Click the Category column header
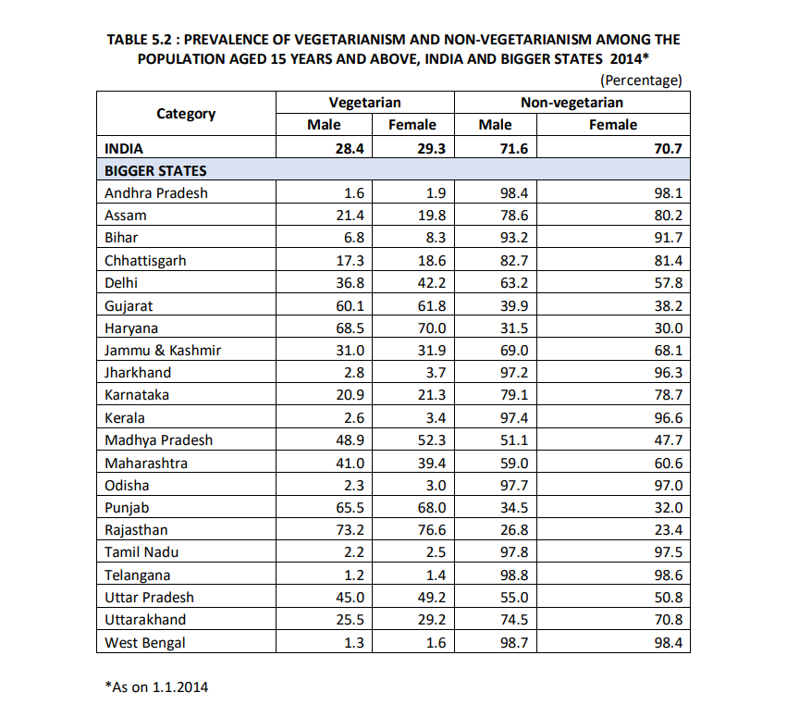click(186, 114)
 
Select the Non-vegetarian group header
click(572, 103)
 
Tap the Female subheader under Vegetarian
click(412, 125)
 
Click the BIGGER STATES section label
click(155, 170)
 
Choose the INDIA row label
click(124, 148)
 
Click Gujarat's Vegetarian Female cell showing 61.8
click(432, 305)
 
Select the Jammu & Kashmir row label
click(163, 350)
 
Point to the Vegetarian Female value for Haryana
click(432, 328)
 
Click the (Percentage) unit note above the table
click(641, 80)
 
